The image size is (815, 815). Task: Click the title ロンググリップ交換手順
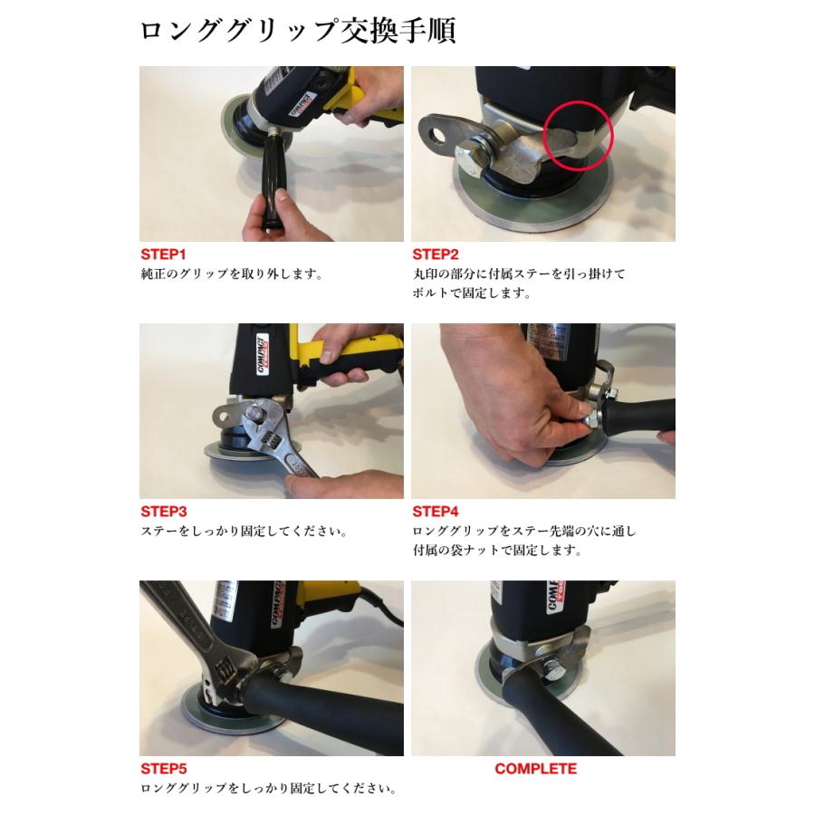tap(297, 30)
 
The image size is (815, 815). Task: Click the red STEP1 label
tap(164, 254)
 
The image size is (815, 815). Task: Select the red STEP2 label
tap(436, 254)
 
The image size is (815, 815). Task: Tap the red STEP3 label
tap(164, 512)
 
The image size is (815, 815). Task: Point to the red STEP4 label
tap(436, 512)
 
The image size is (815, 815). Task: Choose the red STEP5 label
tap(164, 769)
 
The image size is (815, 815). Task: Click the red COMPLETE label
tap(535, 769)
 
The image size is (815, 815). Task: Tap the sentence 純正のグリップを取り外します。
tap(231, 273)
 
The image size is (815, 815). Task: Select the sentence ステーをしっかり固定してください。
tap(244, 531)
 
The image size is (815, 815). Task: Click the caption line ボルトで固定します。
tap(471, 292)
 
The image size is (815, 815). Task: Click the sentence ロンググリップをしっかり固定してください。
tap(268, 788)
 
